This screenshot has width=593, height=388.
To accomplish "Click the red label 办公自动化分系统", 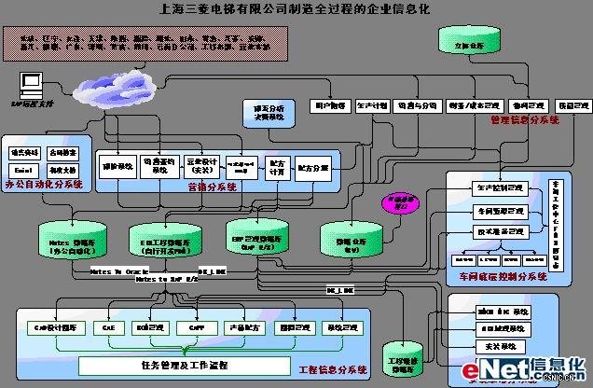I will (x=44, y=186).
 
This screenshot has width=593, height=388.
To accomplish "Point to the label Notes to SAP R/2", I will (x=167, y=279).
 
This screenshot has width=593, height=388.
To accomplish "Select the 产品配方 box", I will (x=241, y=328).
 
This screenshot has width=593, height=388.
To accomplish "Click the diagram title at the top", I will (x=296, y=9).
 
